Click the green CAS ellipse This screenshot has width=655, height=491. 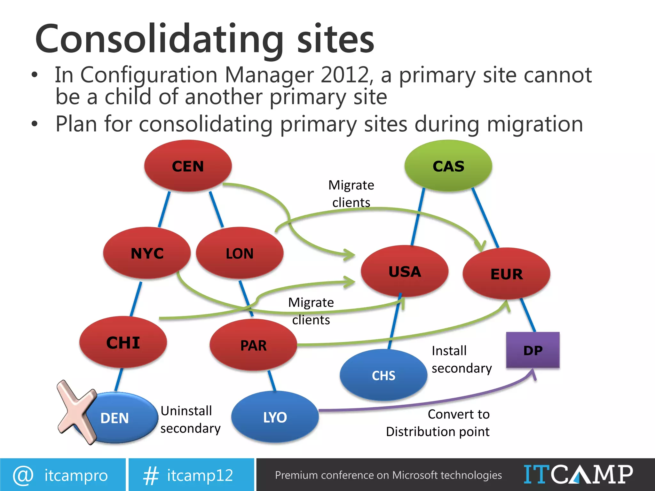(448, 166)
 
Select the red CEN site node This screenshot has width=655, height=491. (188, 166)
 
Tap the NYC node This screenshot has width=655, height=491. (147, 253)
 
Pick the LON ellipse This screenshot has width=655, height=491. (240, 253)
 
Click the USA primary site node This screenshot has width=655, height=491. (405, 271)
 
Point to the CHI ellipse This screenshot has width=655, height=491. (123, 342)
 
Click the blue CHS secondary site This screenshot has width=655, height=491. (383, 375)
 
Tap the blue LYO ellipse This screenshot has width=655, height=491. (275, 417)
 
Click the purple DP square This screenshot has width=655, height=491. (533, 350)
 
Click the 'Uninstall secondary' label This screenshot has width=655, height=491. (190, 419)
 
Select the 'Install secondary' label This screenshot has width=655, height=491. (462, 359)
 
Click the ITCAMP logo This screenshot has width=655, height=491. (578, 474)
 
